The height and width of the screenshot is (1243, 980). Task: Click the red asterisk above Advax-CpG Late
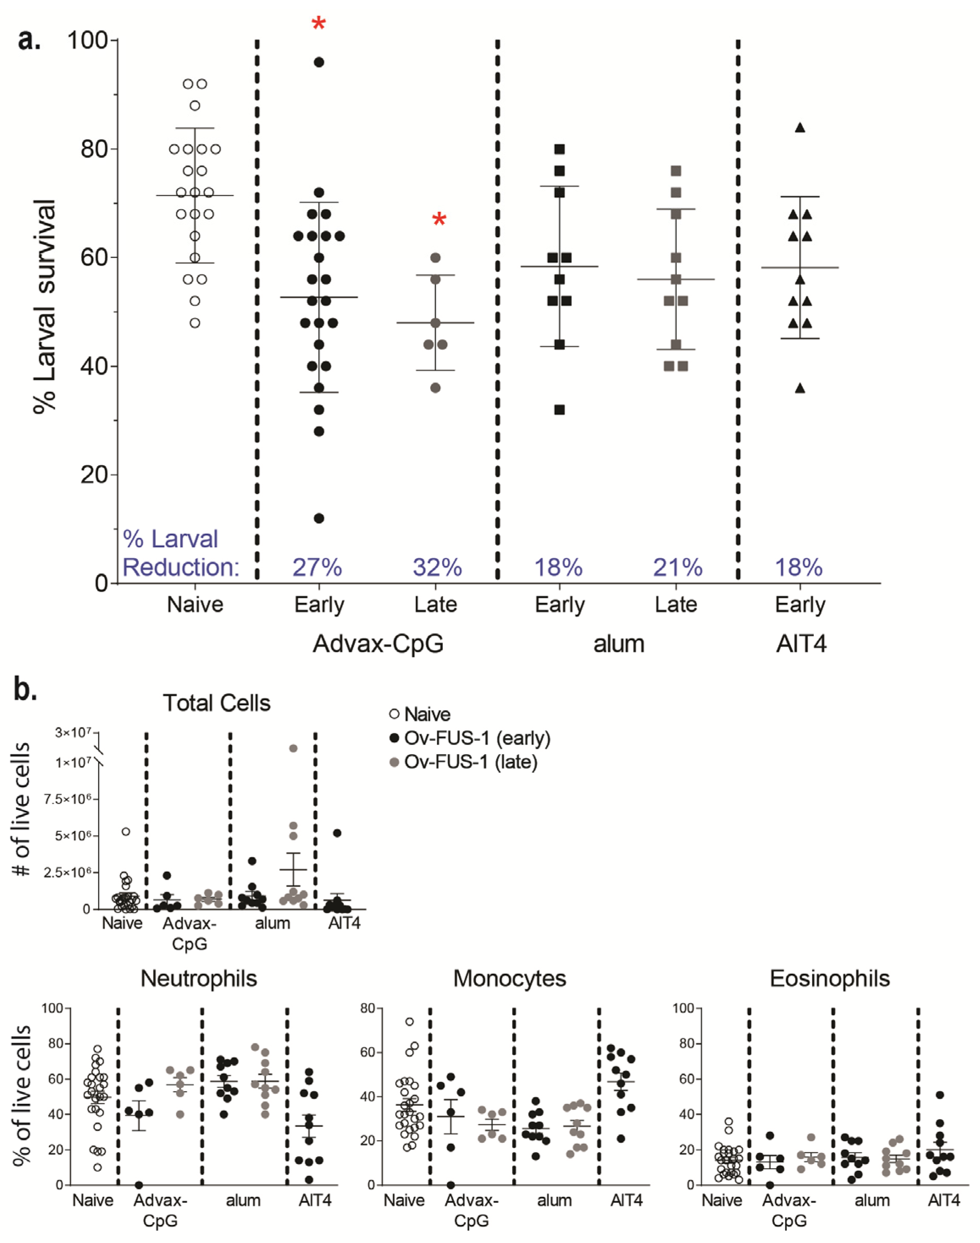coord(439,220)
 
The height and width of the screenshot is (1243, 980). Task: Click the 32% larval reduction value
coord(437,567)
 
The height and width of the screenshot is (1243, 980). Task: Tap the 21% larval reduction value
coord(678,567)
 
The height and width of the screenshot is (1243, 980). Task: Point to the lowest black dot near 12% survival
coord(319,519)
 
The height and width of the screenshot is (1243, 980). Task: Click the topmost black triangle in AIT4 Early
coord(800,128)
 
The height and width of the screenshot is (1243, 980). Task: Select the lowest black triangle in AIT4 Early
coord(800,388)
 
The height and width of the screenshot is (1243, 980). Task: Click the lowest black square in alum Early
coord(560,409)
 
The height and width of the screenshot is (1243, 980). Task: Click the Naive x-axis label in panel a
coord(195,604)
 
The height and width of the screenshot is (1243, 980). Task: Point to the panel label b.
coord(26,690)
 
